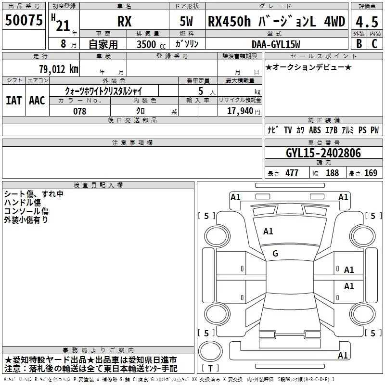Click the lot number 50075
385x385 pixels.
click(x=24, y=20)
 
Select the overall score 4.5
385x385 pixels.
click(x=367, y=22)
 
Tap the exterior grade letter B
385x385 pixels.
click(x=359, y=44)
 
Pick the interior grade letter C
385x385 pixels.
click(x=374, y=44)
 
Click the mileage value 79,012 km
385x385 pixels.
click(x=59, y=69)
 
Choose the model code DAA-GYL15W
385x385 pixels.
click(x=276, y=44)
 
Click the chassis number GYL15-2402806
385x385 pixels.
click(x=323, y=153)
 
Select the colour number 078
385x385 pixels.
click(x=79, y=111)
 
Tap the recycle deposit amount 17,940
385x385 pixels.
click(x=240, y=111)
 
